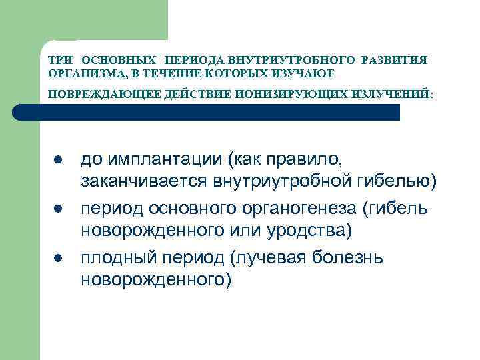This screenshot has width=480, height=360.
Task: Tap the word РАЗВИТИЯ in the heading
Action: tap(394, 60)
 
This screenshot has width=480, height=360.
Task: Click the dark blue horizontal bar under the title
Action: tap(220, 112)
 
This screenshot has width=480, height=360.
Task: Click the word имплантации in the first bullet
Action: tap(163, 161)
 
